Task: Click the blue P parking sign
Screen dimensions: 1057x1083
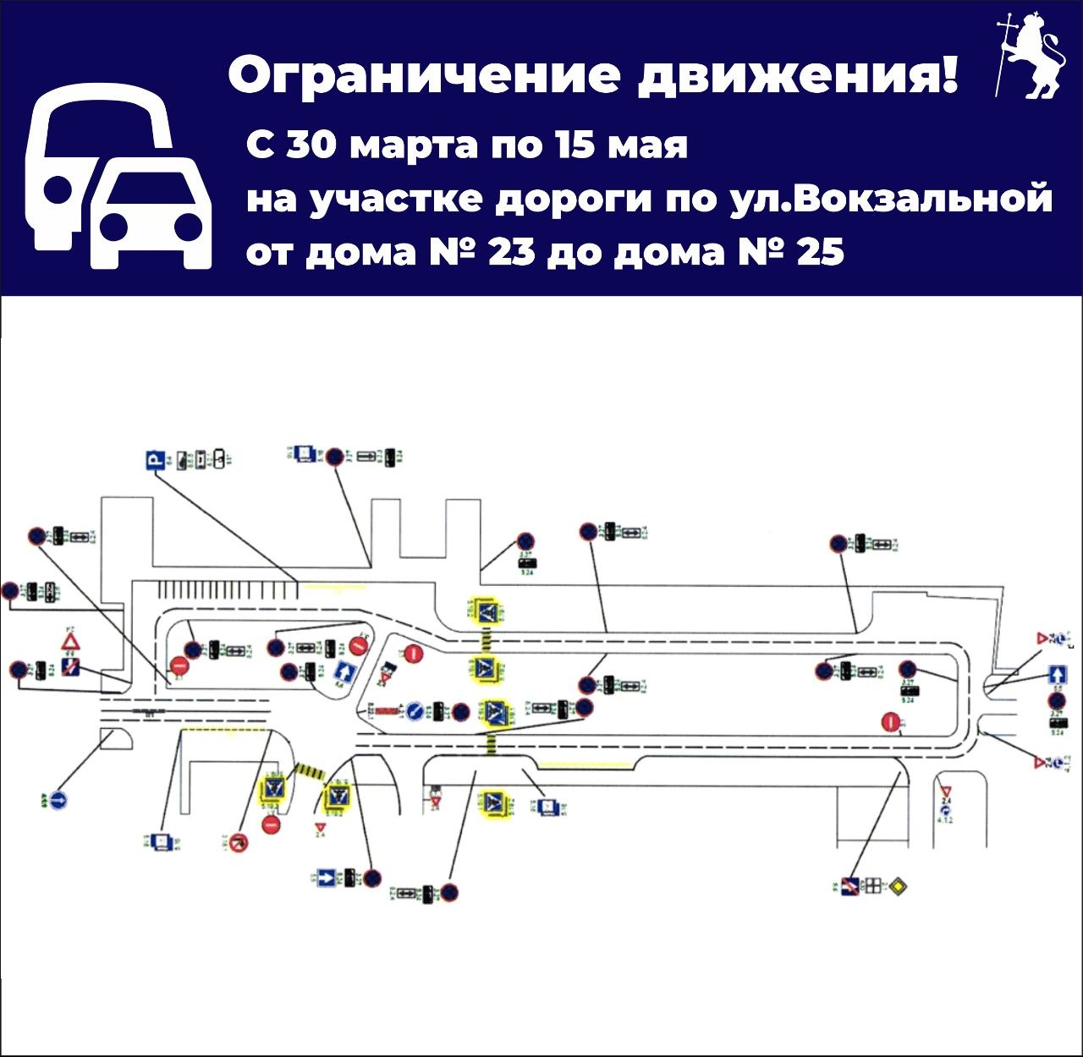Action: click(x=154, y=460)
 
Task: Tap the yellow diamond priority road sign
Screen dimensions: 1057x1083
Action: click(x=897, y=886)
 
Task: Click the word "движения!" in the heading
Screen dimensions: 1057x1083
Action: click(x=798, y=75)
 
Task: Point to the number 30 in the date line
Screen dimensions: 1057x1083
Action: click(x=312, y=145)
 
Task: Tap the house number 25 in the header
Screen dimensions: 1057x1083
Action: click(x=820, y=251)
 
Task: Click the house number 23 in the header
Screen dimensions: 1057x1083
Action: click(x=511, y=251)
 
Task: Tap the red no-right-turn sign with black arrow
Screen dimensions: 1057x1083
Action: click(x=239, y=842)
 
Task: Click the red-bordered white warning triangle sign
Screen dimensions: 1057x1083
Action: click(x=71, y=641)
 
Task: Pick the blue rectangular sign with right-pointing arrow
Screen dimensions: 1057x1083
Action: click(x=326, y=878)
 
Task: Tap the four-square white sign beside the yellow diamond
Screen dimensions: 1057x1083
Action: click(x=871, y=886)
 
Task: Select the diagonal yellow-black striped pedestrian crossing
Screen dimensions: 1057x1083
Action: click(x=309, y=771)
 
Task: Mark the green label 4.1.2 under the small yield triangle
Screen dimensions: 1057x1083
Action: click(x=945, y=819)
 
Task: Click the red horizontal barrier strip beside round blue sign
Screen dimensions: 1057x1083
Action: click(x=388, y=711)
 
